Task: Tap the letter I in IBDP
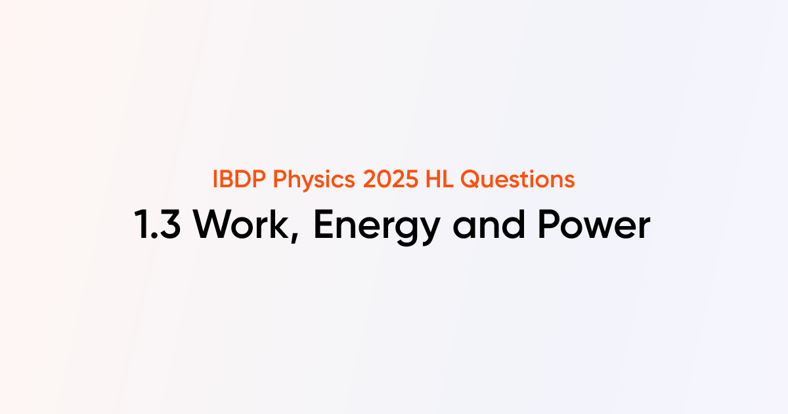(x=216, y=179)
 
